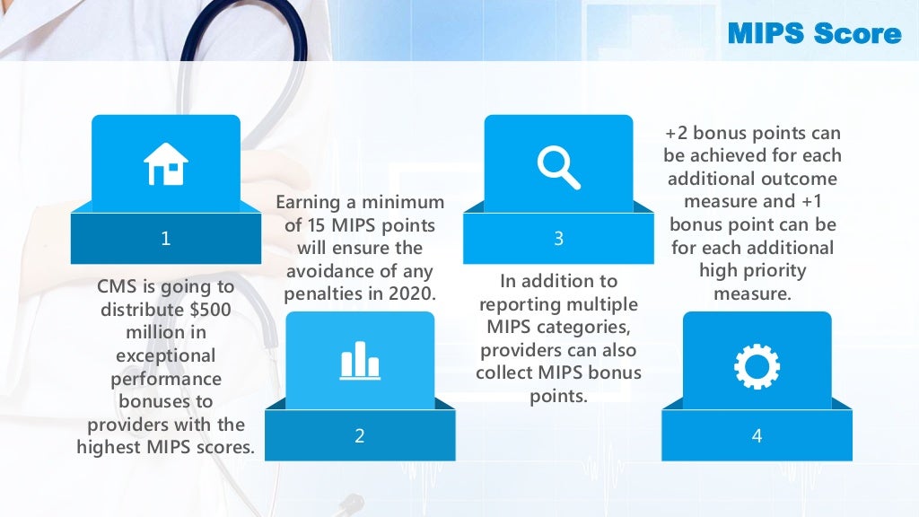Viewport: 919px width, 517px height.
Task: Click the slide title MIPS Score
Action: click(x=814, y=34)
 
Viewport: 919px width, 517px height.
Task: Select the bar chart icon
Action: click(x=360, y=360)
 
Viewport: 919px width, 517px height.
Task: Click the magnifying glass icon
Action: click(x=558, y=166)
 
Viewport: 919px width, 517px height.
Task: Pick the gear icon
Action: click(x=757, y=365)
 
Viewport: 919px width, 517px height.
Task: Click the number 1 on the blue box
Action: click(x=166, y=239)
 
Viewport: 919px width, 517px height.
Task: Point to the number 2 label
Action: click(x=360, y=436)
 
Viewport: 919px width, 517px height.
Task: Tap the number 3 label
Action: click(x=558, y=239)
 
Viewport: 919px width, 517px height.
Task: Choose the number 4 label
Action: click(x=757, y=436)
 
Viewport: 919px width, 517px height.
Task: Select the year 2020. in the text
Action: click(x=412, y=294)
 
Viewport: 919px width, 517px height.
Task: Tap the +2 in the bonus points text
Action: click(x=676, y=133)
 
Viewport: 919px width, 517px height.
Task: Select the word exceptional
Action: click(x=166, y=355)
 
